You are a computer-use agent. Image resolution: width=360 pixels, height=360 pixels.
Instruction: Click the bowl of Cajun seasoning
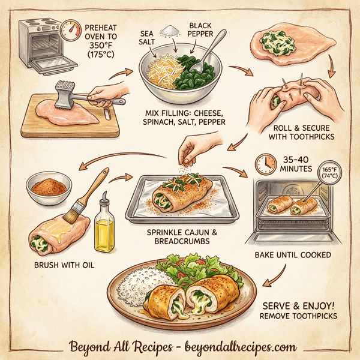49,188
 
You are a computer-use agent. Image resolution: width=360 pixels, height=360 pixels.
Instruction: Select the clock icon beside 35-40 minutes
263,164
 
